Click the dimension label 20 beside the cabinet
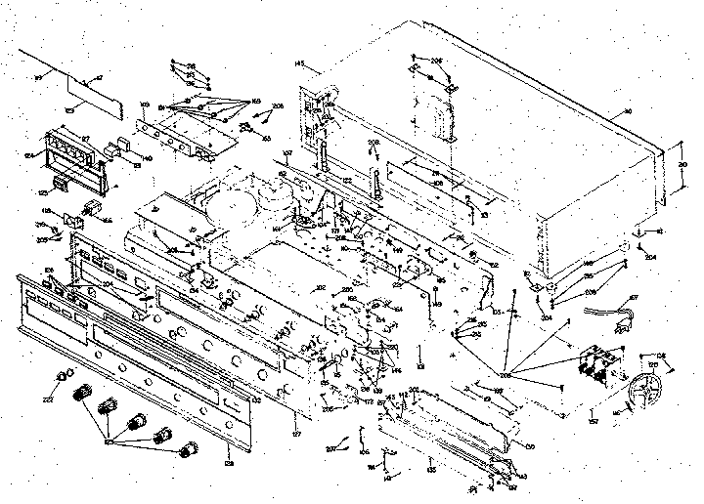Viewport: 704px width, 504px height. (x=682, y=166)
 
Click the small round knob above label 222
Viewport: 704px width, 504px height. (x=66, y=375)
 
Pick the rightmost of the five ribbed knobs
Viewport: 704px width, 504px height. (x=185, y=450)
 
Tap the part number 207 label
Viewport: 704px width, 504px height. (x=330, y=448)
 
